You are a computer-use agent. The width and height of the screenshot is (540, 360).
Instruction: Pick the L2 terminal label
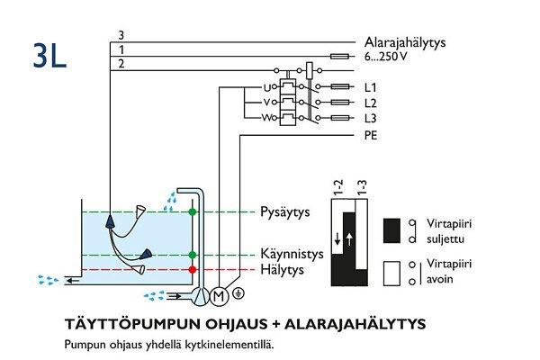(369, 103)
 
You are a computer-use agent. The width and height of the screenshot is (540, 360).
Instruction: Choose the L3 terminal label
(369, 119)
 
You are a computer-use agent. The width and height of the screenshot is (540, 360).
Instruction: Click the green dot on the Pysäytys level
(193, 212)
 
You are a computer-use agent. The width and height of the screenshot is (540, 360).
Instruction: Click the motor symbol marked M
(218, 294)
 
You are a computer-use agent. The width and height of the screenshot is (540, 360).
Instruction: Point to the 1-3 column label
(362, 189)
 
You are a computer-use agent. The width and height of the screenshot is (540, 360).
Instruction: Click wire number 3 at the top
(121, 35)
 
